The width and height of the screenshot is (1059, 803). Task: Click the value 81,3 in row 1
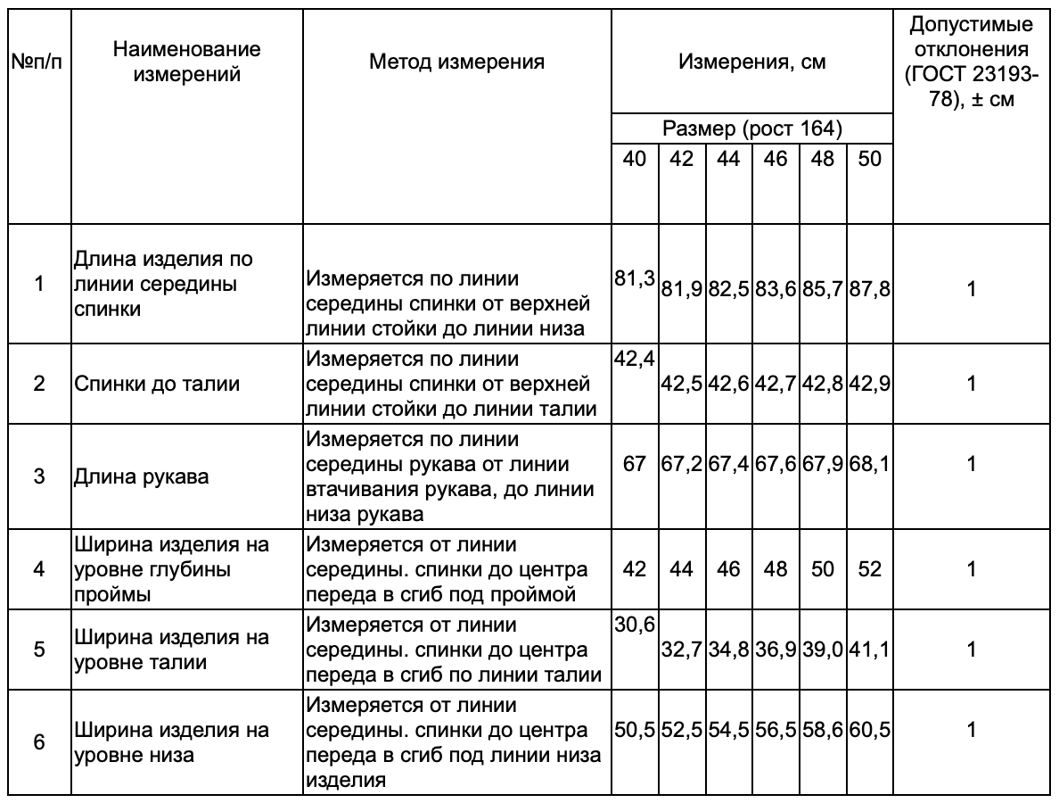634,277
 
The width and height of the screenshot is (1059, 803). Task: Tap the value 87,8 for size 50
870,289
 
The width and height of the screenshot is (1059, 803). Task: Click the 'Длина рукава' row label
143,476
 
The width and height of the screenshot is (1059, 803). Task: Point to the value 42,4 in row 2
634,359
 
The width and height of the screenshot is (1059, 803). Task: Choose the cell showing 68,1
870,464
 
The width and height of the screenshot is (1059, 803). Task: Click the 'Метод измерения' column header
456,62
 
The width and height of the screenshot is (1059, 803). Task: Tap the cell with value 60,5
870,730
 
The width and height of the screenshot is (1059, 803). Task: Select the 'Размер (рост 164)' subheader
751,128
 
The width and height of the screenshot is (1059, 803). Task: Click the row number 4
38,568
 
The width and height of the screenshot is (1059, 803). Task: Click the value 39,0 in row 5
823,650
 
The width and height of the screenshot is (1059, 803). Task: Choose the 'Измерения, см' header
751,62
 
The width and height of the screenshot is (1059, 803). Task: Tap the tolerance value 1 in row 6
972,730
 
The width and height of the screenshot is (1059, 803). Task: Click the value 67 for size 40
634,464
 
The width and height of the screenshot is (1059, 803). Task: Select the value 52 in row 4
870,568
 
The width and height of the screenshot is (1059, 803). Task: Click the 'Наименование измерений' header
187,62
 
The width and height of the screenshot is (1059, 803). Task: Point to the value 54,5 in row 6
728,730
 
